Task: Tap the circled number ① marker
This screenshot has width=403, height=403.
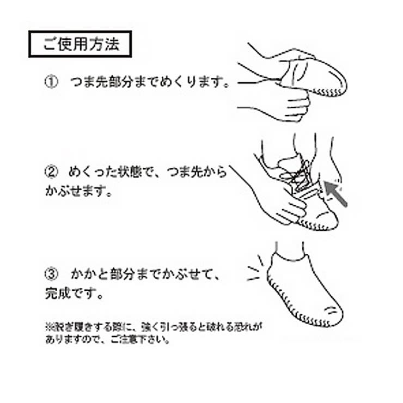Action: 50,83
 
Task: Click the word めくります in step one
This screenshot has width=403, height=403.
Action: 197,83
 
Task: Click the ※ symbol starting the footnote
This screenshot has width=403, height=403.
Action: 47,328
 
